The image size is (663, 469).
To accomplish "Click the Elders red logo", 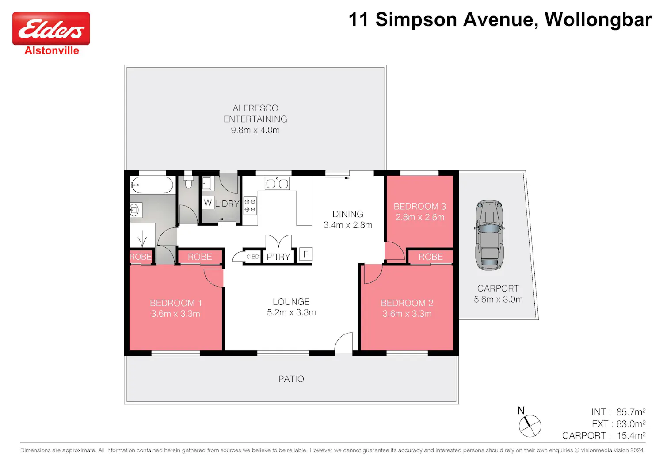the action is point(51,28).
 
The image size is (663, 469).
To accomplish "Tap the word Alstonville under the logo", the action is point(52,51).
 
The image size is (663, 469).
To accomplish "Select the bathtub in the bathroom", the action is point(152,185).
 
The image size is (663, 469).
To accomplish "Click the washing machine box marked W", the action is point(208,203).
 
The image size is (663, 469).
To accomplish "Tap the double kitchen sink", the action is point(277,183).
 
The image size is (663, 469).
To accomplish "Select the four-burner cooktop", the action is point(250,206).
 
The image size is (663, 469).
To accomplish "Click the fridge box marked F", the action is point(306,254).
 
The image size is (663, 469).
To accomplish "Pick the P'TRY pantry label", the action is point(278,257).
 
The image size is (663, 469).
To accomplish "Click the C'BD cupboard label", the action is point(253,257).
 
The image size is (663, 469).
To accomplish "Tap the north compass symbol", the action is point(530,426).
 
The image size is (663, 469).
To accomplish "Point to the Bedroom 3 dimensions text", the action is point(420,217).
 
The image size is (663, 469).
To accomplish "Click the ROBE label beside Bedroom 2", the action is point(431,257).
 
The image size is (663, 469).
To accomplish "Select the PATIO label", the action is point(291,379).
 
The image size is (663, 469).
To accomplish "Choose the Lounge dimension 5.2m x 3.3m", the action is point(291,312).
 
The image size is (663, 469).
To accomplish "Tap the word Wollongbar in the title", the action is point(598,20).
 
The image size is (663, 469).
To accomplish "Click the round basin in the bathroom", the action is point(134,210).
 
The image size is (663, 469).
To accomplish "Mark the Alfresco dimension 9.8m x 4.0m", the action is point(255,130).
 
